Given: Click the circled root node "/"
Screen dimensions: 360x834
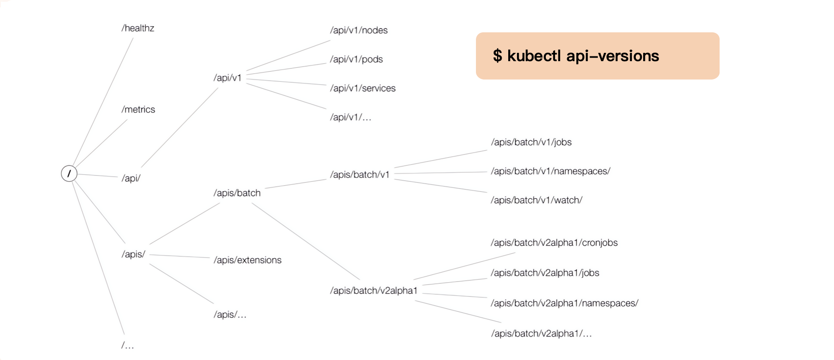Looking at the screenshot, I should (69, 173).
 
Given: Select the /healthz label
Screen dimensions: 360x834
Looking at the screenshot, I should (138, 28).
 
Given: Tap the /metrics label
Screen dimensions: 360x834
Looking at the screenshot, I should (138, 110).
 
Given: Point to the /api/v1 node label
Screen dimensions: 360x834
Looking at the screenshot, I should (227, 78).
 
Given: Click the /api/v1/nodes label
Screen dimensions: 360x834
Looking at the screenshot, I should (359, 30).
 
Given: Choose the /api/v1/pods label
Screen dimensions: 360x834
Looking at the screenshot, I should (356, 59).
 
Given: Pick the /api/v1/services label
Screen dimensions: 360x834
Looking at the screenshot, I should (363, 88).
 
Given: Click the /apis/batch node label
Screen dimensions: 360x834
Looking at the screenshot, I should (237, 193).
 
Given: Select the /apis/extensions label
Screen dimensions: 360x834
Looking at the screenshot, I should (248, 260).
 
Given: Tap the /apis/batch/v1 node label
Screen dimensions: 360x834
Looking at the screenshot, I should (360, 175).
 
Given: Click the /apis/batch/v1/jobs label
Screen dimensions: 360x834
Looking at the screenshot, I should (531, 142).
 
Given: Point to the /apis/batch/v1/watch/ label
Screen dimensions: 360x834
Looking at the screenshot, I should (537, 201).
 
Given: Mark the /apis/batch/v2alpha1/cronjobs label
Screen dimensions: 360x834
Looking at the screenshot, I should (554, 243).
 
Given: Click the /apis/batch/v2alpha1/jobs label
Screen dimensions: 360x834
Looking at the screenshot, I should (545, 273).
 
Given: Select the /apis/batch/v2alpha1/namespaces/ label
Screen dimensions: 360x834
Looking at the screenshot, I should (565, 303).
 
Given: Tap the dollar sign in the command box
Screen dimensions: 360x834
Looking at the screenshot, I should (497, 56).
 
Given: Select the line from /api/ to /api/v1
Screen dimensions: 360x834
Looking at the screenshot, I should (179, 128).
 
